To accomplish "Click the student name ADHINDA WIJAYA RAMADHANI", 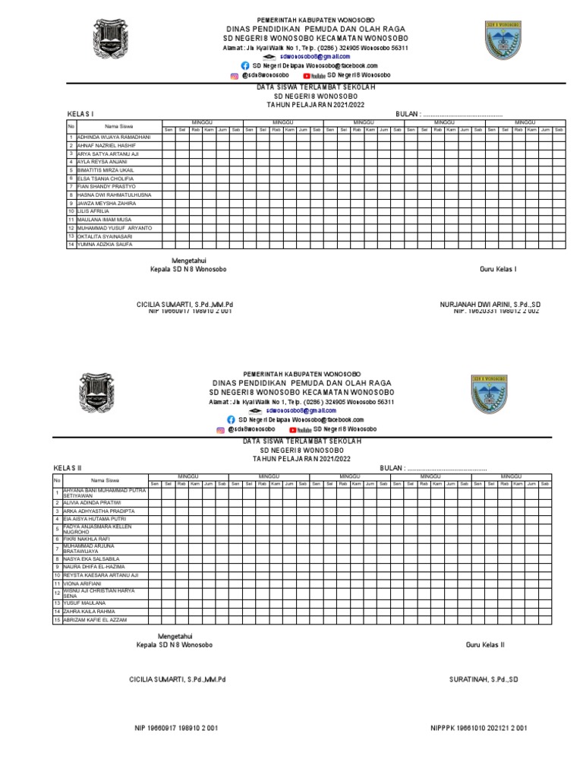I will [x=114, y=137].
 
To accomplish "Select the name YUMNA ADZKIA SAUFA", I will [x=103, y=245].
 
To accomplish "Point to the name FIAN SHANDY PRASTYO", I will [x=106, y=186].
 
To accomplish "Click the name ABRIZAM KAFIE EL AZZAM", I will [x=95, y=620].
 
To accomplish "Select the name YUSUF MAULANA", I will [x=84, y=602].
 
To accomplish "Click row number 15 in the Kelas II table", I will [x=56, y=620].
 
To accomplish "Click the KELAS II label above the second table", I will [x=67, y=467].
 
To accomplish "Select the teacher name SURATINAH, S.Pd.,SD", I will [x=483, y=678].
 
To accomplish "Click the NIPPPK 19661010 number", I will [x=478, y=728].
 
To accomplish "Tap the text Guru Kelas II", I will [x=485, y=645].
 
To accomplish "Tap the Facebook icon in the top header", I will [x=245, y=66].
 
